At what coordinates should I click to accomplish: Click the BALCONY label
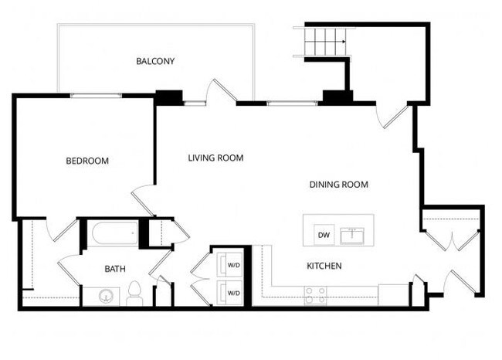155,61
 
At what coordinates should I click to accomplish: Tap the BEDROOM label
86,161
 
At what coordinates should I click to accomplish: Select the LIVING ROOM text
215,158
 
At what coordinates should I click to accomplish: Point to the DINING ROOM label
338,185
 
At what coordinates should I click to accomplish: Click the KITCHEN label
324,266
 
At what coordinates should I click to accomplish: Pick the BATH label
115,269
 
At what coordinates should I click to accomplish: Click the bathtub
112,234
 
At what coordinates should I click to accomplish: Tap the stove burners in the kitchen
314,295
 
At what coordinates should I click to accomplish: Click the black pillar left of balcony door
168,97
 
